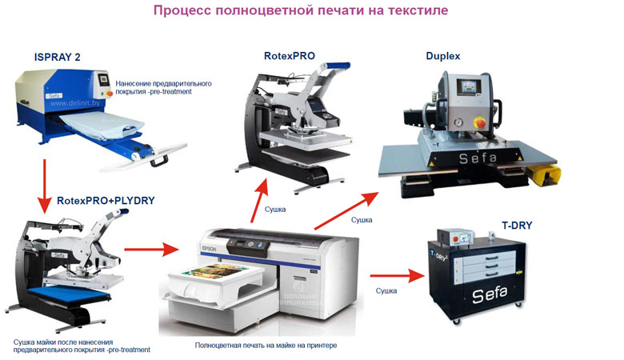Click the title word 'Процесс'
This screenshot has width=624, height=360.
(x=181, y=11)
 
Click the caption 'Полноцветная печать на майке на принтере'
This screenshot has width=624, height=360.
(x=266, y=345)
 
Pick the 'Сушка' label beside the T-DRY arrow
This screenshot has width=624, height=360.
(x=386, y=290)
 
